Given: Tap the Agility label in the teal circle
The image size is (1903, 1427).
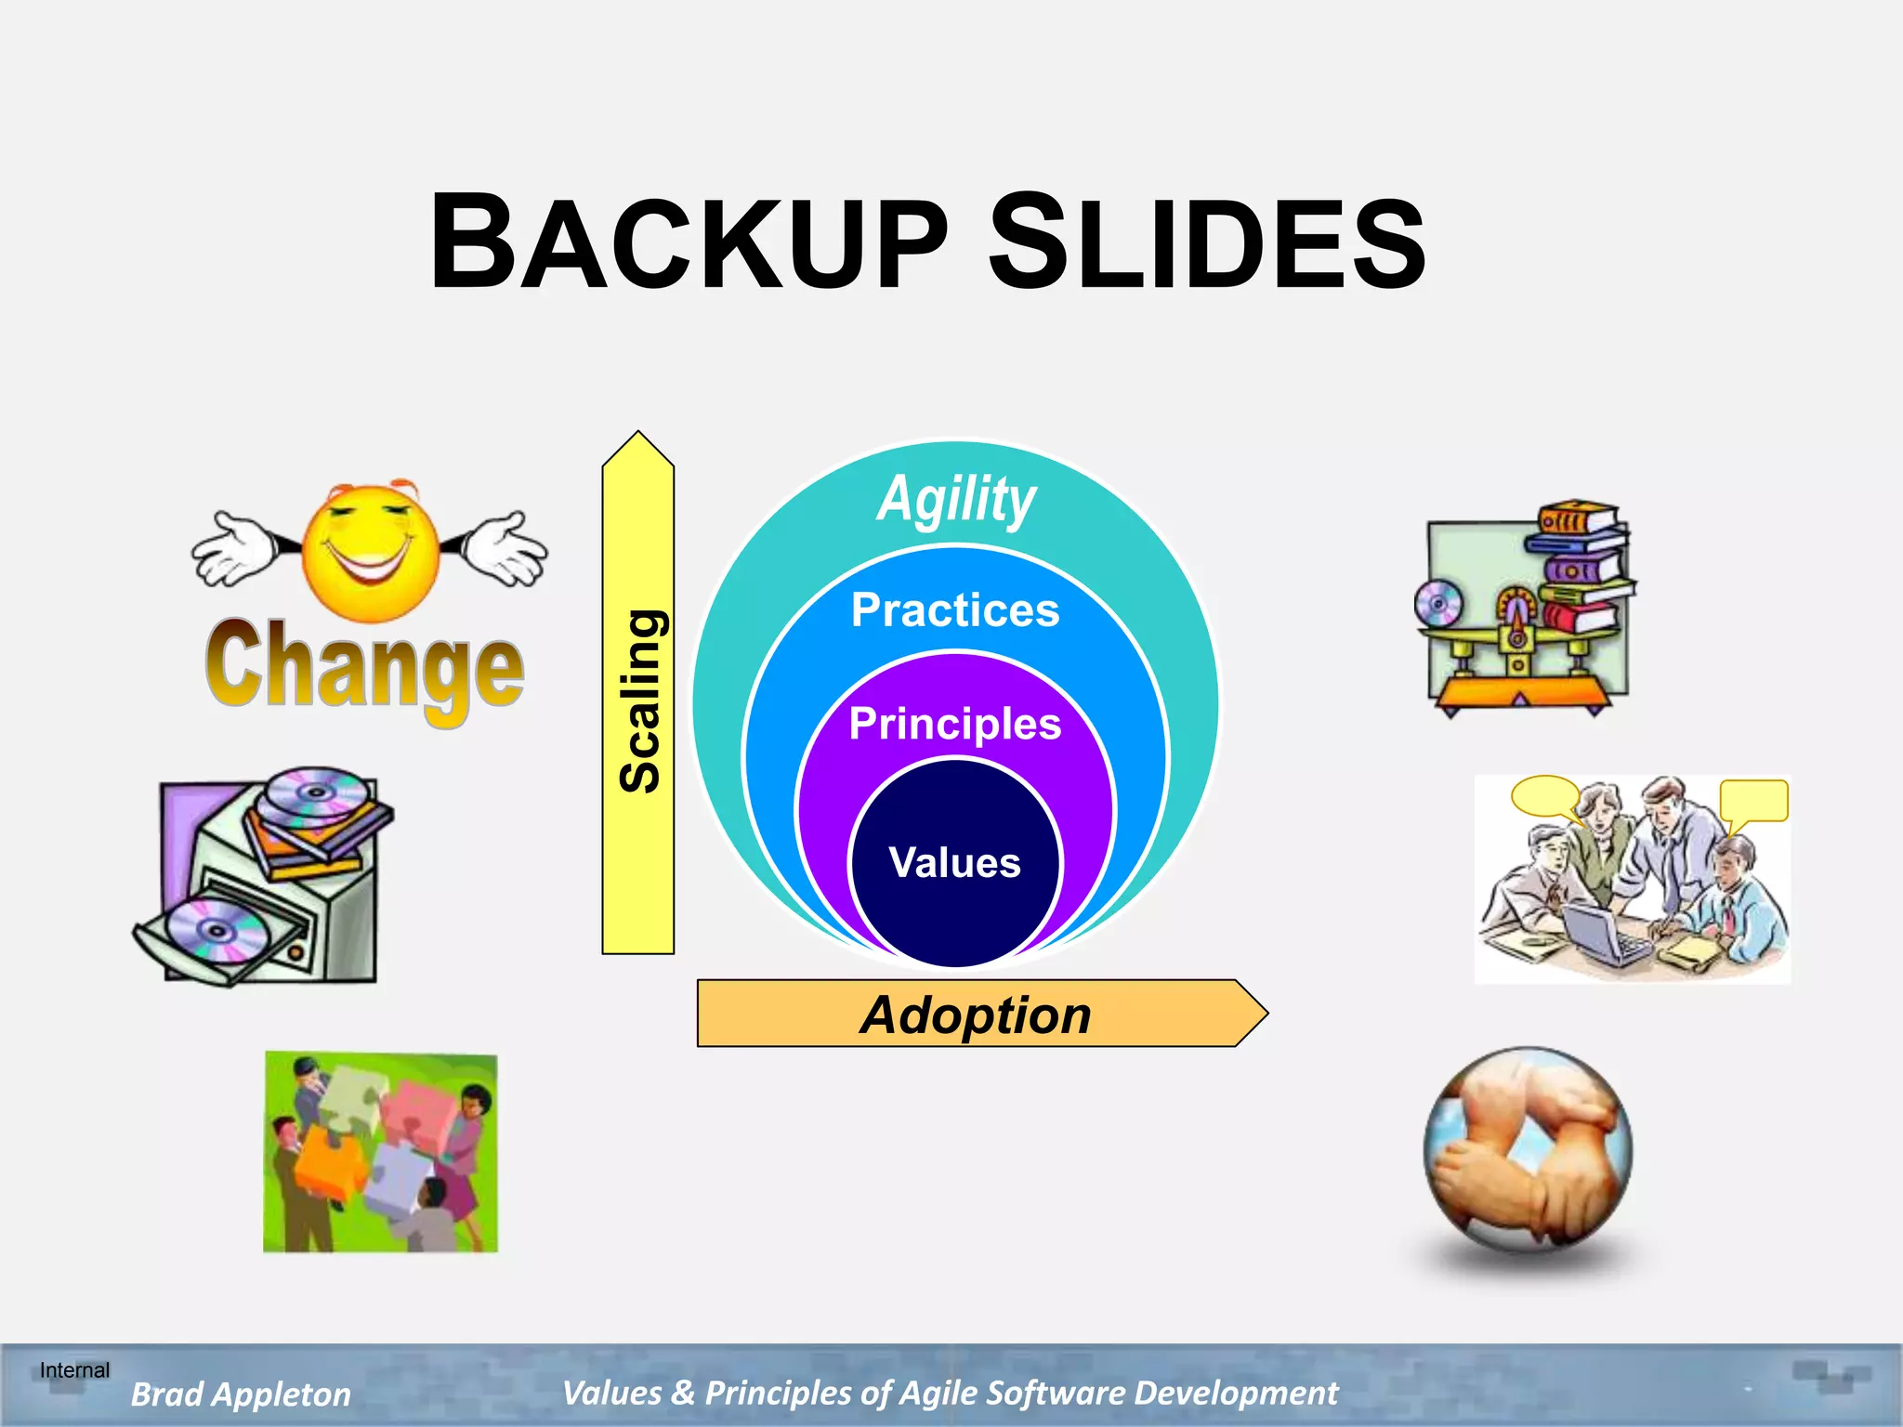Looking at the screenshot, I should [956, 500].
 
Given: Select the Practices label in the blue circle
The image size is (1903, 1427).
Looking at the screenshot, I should [955, 610].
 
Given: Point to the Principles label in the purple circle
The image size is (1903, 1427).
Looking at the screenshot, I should [955, 724].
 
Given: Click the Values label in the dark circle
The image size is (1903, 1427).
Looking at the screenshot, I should [955, 863].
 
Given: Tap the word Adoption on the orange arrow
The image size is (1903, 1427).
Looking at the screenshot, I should [975, 1015].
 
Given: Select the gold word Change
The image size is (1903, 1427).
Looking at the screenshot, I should [364, 667].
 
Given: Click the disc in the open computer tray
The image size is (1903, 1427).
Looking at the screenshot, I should [217, 932].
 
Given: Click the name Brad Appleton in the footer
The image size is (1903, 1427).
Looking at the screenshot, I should [241, 1394].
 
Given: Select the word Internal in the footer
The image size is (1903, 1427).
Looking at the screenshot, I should [74, 1370].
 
